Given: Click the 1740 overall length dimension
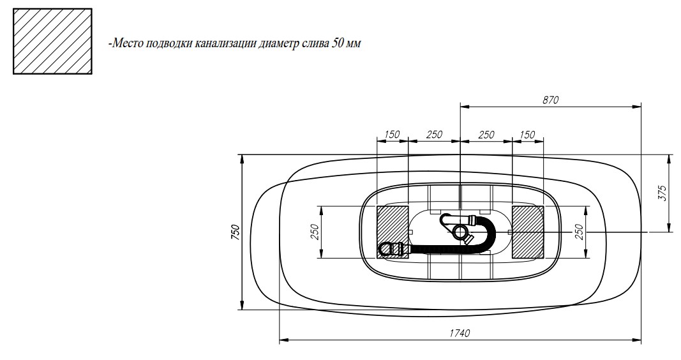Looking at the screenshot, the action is [460, 333].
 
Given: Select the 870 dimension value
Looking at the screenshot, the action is [550, 100].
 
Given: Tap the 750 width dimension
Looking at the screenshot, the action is [235, 232].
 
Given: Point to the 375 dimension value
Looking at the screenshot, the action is [662, 193].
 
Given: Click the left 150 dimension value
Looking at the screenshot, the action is [392, 134].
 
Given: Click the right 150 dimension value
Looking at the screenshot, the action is [527, 134].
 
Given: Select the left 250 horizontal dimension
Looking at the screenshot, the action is [434, 134].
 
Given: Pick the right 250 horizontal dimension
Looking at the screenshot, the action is [486, 134].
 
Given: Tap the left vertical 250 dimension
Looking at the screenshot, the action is [316, 232].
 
